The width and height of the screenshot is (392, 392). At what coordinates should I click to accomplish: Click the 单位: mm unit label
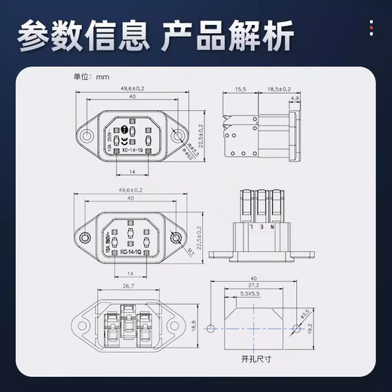[x=91, y=77]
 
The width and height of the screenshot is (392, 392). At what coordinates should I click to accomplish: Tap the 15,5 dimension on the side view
[x=240, y=89]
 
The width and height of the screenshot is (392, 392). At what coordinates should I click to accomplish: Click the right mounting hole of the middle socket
[x=176, y=238]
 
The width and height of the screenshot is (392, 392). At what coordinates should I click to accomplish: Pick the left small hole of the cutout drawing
[x=211, y=329]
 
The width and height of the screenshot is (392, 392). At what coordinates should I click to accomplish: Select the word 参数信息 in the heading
[x=78, y=35]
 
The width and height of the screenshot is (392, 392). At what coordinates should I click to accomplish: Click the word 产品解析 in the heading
[x=228, y=35]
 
